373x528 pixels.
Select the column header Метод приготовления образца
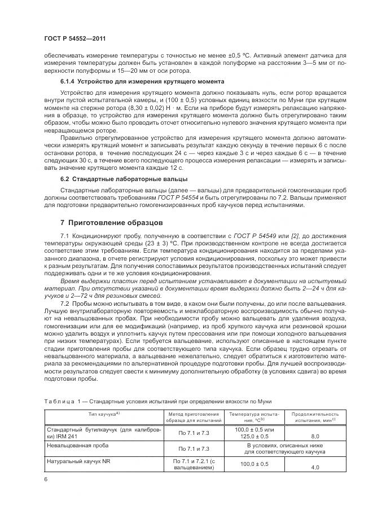point(193,417)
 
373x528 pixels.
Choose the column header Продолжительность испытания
point(315,417)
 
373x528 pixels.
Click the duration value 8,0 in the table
point(315,436)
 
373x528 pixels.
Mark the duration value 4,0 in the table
point(315,468)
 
